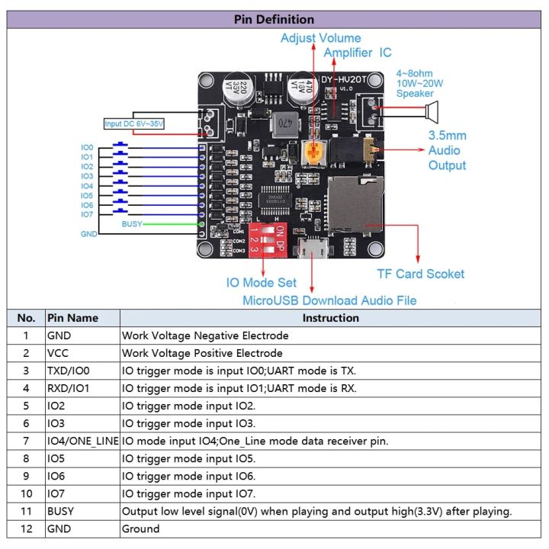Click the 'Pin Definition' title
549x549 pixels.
[x=274, y=20]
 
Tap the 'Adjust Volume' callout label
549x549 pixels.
[x=320, y=38]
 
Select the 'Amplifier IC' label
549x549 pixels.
[x=358, y=53]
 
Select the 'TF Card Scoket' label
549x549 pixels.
[x=420, y=274]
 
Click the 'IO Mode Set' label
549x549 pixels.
[x=262, y=283]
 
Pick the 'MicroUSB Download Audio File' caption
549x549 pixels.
[x=329, y=300]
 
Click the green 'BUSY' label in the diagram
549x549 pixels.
[x=131, y=224]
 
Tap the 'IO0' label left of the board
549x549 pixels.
[x=87, y=147]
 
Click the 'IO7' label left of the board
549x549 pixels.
[x=87, y=214]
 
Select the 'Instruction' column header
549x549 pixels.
[x=330, y=318]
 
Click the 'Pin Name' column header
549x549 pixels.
[x=72, y=318]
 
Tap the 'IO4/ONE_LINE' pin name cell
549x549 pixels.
[x=82, y=441]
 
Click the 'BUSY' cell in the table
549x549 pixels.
[x=61, y=511]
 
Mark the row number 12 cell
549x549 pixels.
[x=26, y=528]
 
